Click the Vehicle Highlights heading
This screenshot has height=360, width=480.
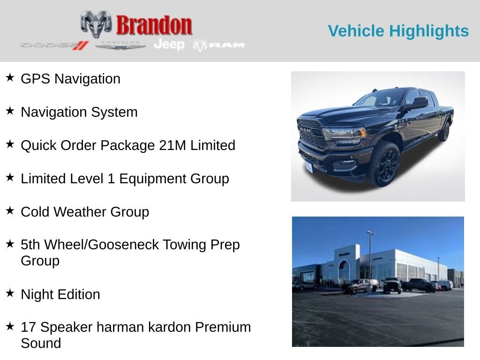pos(398,31)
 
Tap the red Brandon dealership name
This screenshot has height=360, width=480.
pos(154,25)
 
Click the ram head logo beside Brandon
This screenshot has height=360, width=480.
pos(96,24)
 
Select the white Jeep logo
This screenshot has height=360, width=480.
pos(169,45)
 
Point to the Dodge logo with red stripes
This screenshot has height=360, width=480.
pos(55,45)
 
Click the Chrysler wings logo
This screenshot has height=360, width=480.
pos(120,45)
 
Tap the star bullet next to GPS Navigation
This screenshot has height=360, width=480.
pos(10,77)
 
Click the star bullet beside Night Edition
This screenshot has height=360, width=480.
pos(10,293)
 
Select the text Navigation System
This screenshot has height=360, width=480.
pos(79,112)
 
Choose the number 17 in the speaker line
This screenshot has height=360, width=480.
pos(28,327)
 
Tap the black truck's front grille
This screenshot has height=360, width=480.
pos(310,134)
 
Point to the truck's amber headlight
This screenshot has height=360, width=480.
pos(362,133)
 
